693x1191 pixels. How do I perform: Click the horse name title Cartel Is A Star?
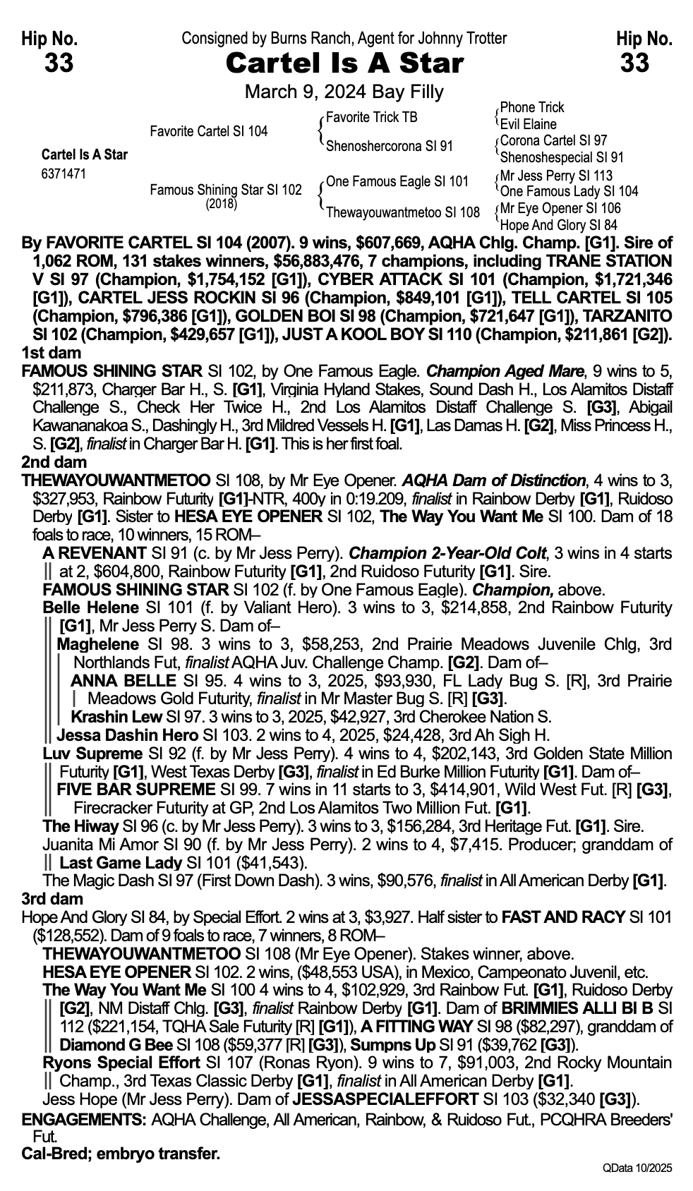(344, 64)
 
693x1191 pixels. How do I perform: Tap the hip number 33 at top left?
(59, 64)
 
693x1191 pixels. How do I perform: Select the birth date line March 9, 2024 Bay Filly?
(344, 92)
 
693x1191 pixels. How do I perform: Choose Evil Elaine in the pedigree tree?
(528, 124)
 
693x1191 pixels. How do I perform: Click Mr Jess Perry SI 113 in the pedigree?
(556, 176)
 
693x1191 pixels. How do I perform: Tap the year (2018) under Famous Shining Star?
(221, 205)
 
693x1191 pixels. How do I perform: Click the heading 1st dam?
(51, 353)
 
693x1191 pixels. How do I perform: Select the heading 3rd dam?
(52, 899)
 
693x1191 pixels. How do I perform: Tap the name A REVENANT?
(94, 553)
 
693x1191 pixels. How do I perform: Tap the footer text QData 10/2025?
(637, 1168)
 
